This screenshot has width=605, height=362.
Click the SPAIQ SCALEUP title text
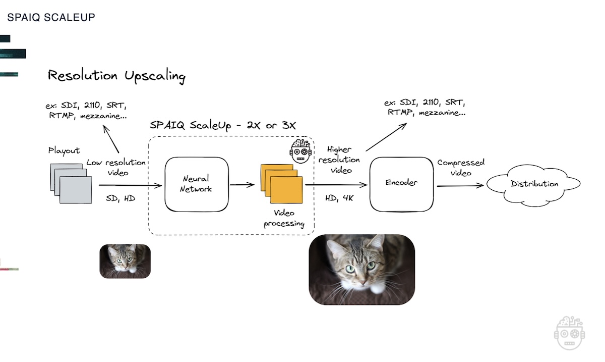tap(51, 17)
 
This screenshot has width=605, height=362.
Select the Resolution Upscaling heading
tap(116, 76)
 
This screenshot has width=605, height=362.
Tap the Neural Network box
tap(196, 184)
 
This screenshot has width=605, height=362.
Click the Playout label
tap(64, 150)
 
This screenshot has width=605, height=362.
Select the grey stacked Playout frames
tap(72, 183)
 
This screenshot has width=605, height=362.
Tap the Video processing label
tap(284, 219)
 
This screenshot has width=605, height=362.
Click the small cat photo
tap(125, 261)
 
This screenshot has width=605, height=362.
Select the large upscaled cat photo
tap(361, 269)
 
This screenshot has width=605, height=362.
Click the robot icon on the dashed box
tap(301, 151)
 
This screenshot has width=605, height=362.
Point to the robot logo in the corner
tap(569, 333)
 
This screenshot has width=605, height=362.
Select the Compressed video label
tap(461, 168)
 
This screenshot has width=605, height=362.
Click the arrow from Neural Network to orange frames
tap(243, 185)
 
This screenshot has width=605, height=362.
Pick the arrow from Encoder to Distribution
tap(460, 186)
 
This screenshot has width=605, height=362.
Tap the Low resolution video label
tap(116, 168)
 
